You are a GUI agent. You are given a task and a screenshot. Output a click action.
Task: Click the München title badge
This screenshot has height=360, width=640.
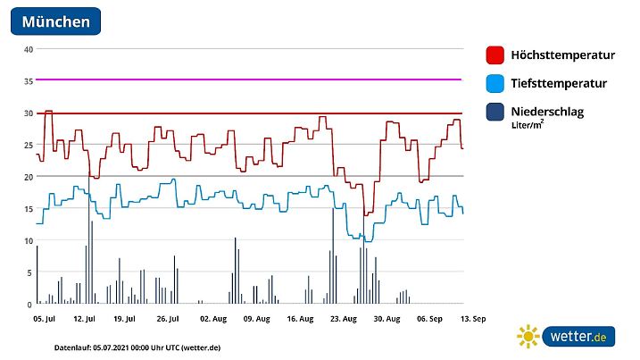point(55,21)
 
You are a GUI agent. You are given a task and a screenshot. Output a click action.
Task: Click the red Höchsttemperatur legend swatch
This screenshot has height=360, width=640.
point(495,55)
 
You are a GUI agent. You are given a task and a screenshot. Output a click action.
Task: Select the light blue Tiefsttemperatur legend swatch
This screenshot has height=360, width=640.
point(495,84)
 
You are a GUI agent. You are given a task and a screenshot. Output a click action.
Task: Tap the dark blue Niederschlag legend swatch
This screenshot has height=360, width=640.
point(495,112)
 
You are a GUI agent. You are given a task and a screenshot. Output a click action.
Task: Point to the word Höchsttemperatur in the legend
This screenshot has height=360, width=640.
point(562,55)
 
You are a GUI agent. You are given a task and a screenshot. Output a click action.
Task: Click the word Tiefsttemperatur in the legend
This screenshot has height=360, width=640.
point(559,84)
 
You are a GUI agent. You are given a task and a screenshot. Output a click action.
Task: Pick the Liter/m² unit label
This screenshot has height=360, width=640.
point(528,126)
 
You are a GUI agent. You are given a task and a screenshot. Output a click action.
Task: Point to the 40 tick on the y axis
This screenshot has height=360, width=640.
point(28,49)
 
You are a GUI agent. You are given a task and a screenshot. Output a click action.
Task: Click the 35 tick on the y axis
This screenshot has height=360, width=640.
point(28,81)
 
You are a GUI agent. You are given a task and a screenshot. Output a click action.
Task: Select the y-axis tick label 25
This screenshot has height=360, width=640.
point(28,145)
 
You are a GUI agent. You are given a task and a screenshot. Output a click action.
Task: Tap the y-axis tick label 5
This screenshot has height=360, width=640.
point(29,272)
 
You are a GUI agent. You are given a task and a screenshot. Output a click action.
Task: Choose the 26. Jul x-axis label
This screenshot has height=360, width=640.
point(169,318)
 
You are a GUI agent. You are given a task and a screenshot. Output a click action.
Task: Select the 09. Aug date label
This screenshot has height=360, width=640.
point(255,318)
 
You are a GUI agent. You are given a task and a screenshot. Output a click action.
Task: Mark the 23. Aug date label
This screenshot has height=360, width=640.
point(343,318)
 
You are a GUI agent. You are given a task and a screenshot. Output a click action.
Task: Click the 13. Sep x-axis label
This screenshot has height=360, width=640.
point(472,318)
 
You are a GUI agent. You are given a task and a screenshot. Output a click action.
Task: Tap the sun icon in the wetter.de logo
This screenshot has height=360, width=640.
point(528,337)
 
